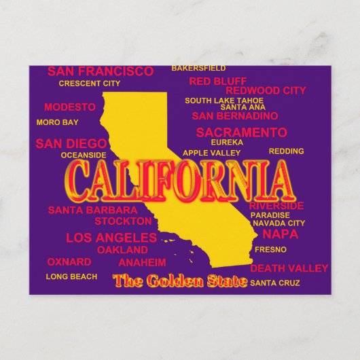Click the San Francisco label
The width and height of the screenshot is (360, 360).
101,71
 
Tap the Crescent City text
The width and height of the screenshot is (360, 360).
89,84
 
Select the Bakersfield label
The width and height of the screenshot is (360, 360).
198,68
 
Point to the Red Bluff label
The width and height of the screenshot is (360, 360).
217,82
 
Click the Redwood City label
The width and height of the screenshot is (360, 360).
266,90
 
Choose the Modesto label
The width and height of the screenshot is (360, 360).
70,107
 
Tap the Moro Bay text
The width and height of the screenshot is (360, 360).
57,123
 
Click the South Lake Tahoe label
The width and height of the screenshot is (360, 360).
224,101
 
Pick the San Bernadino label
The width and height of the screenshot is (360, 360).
235,115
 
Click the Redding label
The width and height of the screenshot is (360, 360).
286,151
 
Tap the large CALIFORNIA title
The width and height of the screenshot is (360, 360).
176,179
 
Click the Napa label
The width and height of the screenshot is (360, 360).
280,234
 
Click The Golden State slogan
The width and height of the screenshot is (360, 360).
180,280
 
